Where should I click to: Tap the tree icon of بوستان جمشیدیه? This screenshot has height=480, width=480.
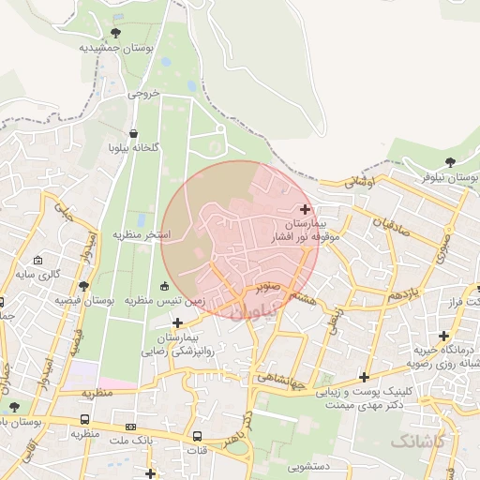[x=115, y=33]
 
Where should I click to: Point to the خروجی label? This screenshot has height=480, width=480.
[x=145, y=94]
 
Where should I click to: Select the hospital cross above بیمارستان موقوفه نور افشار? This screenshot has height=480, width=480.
[x=306, y=208]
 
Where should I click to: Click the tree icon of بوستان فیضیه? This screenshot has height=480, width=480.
[x=83, y=286]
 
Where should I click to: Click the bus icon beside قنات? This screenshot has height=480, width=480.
[x=198, y=437]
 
